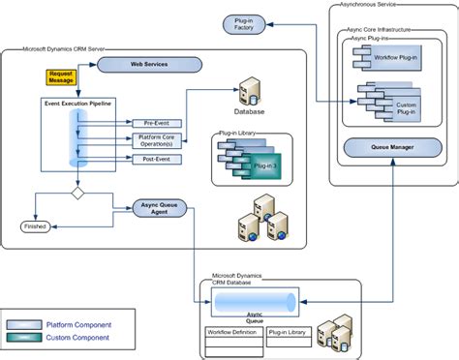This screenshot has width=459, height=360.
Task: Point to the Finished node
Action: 35,226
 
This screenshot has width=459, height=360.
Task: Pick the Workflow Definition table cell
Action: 234,332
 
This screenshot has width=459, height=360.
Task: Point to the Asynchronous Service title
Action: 367,5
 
